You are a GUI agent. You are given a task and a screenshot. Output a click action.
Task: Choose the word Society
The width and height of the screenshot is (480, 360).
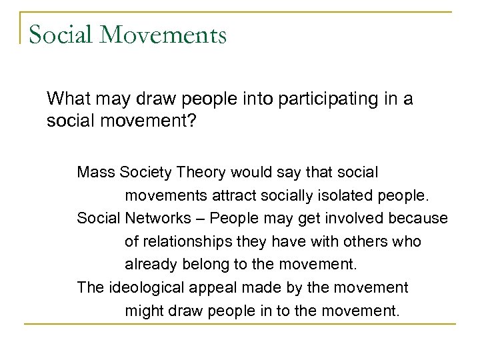click(x=145, y=172)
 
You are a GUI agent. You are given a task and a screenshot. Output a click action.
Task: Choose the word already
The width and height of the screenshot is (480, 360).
click(x=148, y=263)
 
